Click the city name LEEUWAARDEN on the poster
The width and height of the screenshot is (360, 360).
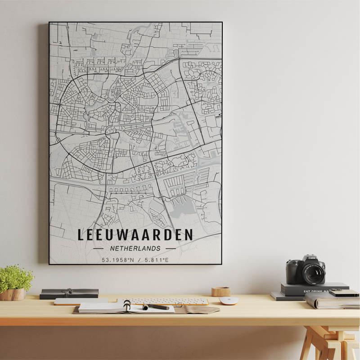135,235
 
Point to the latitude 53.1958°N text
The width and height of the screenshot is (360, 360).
118,260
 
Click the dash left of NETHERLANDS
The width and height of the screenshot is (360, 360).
98,248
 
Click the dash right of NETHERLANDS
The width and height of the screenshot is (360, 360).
171,248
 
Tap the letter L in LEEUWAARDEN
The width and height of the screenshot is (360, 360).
81,235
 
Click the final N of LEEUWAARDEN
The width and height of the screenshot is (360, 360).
189,235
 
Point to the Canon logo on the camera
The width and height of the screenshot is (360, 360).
313,258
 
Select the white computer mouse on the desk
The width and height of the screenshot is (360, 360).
229,301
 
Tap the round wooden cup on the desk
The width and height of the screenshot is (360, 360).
221,292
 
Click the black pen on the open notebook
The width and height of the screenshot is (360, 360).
156,307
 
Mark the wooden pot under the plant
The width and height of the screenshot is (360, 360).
13,294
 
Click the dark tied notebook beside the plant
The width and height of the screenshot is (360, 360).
69,293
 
